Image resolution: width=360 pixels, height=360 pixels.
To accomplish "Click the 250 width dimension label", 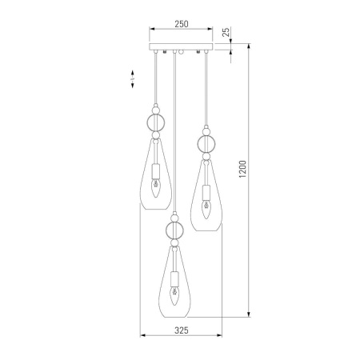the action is coord(182,24).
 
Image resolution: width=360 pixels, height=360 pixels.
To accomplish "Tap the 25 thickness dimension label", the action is coord(226,32).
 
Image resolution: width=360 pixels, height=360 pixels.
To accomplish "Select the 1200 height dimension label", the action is coord(242,170).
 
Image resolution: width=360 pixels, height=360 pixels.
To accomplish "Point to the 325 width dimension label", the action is coord(182,330).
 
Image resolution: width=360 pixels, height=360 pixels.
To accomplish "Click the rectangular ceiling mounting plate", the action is coord(181,46).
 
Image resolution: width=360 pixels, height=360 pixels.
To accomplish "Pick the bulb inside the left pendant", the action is coord(156,188).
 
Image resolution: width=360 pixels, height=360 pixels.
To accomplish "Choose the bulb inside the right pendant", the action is coord(206,210).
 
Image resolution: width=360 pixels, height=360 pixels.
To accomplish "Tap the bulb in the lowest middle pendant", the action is coord(174,296).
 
